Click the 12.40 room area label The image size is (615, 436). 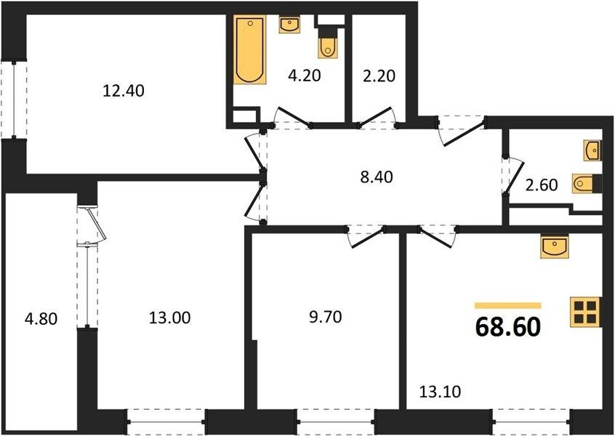123,91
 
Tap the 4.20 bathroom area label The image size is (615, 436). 305,76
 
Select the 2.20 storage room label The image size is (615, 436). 379,76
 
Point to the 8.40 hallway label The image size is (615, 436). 377,177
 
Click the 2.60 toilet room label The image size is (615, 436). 542,185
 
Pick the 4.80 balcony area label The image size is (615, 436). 41,319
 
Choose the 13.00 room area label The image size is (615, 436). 170,318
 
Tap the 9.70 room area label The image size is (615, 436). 326,316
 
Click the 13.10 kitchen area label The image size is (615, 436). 440,391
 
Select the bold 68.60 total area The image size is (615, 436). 508,328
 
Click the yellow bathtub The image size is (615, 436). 250,49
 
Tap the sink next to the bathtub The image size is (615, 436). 290,25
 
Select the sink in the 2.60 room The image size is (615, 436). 592,150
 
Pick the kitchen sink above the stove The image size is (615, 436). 554,247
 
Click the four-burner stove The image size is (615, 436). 585,312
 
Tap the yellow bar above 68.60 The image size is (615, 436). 508,306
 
